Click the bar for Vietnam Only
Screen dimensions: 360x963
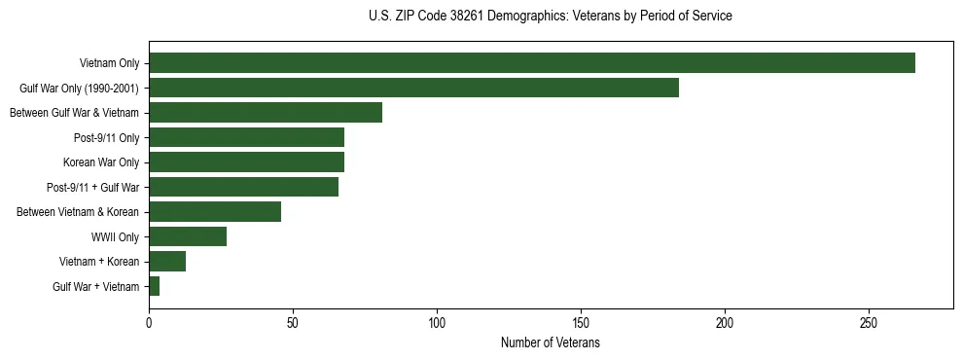[x=531, y=63]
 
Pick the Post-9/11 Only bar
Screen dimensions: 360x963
[x=246, y=137]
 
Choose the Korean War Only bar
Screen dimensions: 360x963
[x=246, y=162]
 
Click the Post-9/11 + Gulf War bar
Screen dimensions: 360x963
[x=243, y=187]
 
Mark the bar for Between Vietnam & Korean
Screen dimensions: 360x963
[x=215, y=212]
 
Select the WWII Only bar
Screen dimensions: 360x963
[x=188, y=236]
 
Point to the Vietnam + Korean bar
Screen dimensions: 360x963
[x=167, y=262]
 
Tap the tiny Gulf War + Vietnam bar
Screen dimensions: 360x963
[x=155, y=286]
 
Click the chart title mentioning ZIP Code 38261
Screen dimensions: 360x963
[x=551, y=17]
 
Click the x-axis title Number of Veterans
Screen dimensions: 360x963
[x=551, y=343]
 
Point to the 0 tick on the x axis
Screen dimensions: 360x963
[x=149, y=321]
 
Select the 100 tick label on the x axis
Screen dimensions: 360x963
[x=437, y=321]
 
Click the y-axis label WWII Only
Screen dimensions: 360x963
[x=115, y=236]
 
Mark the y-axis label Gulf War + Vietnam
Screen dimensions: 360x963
[x=95, y=286]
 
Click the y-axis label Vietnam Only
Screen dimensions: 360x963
[x=109, y=63]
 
